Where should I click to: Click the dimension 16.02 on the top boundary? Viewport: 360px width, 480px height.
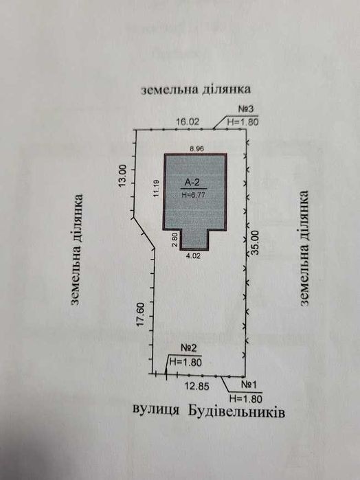coord(188,122)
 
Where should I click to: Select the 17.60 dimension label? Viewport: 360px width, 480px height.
coord(140,315)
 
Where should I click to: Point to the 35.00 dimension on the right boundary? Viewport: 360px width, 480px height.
coord(255,243)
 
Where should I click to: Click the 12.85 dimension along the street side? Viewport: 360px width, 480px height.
coord(196,387)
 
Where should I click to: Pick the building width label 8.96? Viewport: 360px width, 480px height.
coord(197,149)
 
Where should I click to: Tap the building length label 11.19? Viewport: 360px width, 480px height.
coord(157,188)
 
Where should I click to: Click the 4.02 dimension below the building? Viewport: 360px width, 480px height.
coord(193,256)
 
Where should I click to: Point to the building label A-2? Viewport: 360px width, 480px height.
coord(192,183)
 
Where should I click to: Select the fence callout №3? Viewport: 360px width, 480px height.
coord(246,109)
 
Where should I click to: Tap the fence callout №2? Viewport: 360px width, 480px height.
coord(189,348)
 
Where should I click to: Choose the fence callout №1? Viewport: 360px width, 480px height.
coord(249,385)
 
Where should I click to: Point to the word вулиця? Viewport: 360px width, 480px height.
coord(156,409)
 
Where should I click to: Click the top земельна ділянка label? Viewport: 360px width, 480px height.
coord(196,90)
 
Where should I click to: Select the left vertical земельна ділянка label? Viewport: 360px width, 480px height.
coord(76,249)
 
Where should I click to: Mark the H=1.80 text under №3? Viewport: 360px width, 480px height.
coord(243,122)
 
